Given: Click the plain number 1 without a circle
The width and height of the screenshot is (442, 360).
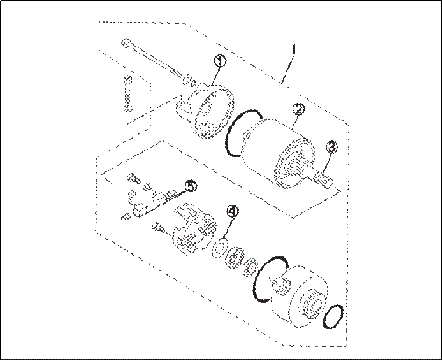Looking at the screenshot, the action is coord(293,49).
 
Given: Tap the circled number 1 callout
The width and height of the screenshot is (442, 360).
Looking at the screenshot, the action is coord(221,61).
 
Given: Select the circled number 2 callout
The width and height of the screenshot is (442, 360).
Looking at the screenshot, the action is coord(299,109).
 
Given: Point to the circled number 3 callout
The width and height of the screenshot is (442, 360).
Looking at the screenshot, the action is coord(332,148).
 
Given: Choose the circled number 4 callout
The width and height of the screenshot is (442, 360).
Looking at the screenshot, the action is coord(233,211).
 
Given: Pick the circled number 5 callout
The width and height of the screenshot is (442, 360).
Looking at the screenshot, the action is coord(191,186).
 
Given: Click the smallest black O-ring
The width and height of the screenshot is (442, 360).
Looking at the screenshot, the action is coord(333,316).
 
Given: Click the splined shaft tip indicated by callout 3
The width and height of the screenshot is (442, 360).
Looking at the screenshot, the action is coord(323,179).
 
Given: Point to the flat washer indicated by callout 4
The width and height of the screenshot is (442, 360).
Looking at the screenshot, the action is coord(219,248).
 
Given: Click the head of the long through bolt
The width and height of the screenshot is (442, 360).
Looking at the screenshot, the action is coord(126,42).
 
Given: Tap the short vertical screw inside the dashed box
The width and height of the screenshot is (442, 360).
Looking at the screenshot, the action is coord(127,93).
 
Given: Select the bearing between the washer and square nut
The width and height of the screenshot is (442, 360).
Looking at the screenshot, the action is coord(235,257).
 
